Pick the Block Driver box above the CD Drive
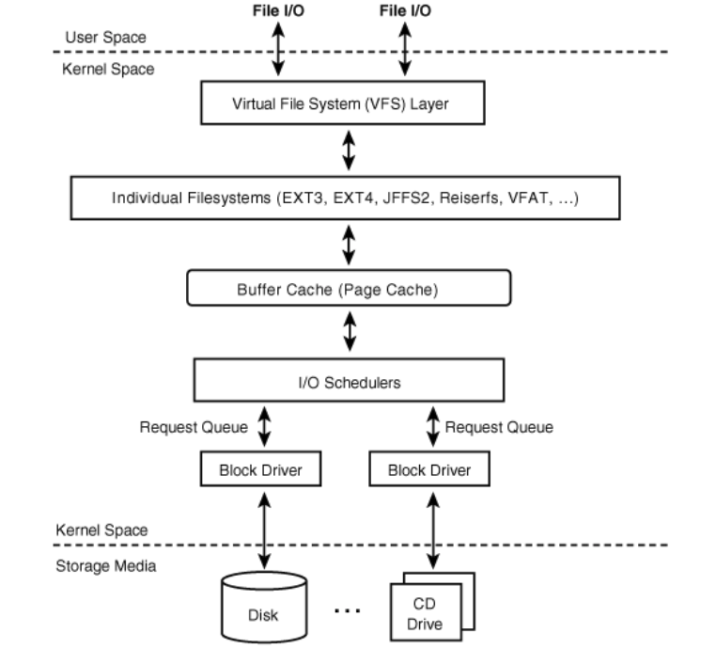click(x=428, y=469)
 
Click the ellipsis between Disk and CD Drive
click(x=348, y=610)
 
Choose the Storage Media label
click(x=105, y=566)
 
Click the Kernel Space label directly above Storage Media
click(x=101, y=530)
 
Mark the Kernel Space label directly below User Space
click(x=109, y=69)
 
